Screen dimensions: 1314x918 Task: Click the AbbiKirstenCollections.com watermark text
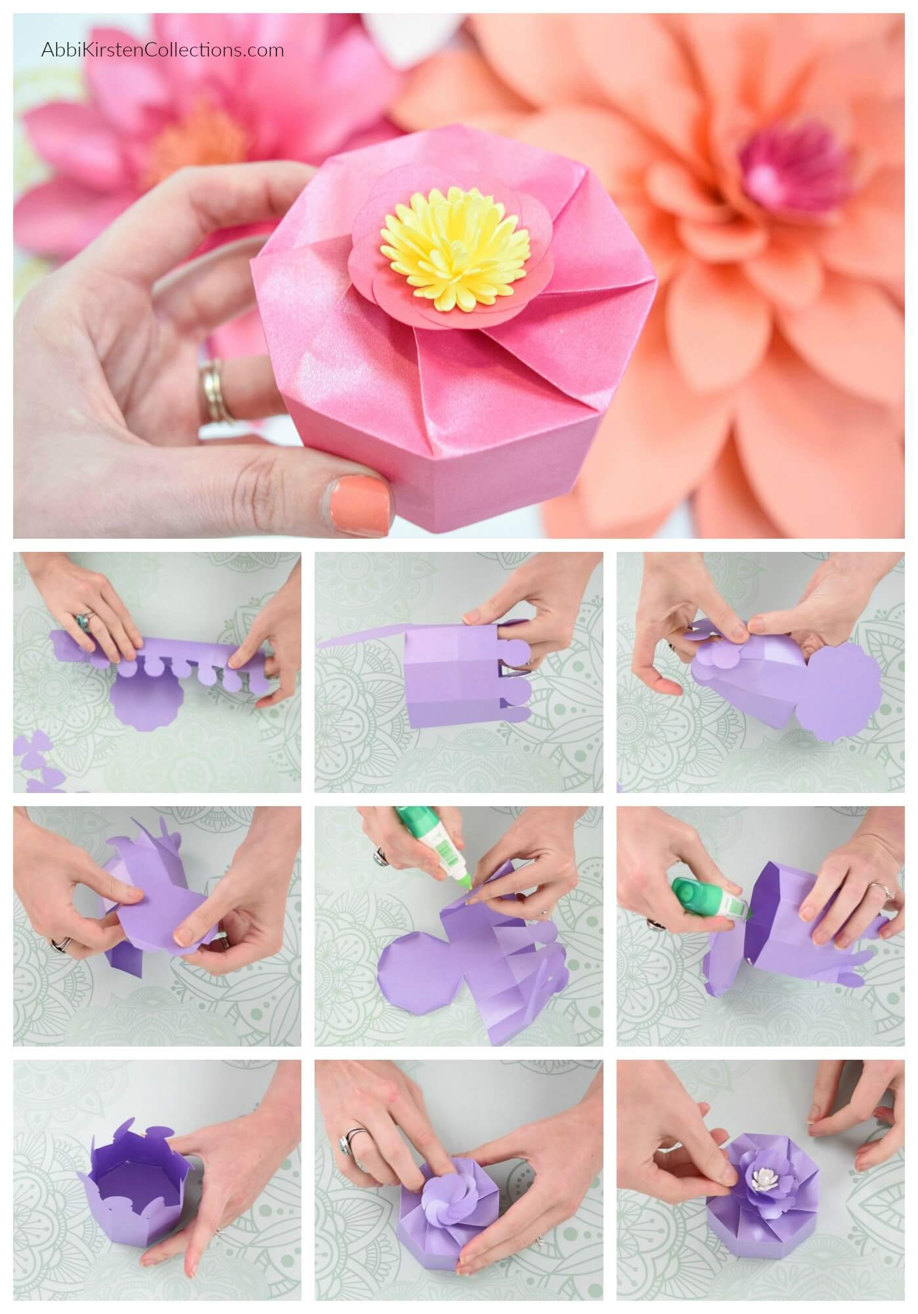(163, 50)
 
